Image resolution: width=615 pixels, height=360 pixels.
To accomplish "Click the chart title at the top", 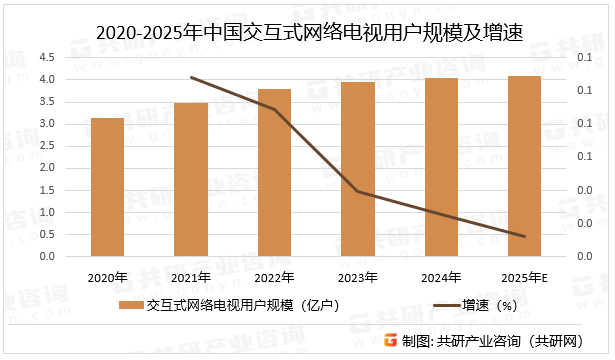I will coord(309,33).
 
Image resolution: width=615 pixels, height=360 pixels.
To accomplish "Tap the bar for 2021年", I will coord(190,180).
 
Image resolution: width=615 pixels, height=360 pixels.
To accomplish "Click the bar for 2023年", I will coord(357,169).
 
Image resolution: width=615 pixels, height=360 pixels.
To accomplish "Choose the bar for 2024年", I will coord(441,167).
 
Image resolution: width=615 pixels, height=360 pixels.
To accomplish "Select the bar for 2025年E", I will coord(524,166).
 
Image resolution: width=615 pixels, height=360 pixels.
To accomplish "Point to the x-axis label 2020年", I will coord(107,277).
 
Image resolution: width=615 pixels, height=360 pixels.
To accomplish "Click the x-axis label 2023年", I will coord(357,277).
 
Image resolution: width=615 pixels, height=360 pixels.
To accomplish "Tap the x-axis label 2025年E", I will coord(524,277).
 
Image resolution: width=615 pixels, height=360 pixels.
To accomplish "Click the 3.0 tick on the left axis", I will coord(47,124).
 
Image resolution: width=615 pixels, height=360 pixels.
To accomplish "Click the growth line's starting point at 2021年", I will coord(190,77).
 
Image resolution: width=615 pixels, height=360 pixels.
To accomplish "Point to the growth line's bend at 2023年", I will coord(357,191).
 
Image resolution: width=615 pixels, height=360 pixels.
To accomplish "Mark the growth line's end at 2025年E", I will coord(524,237).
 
